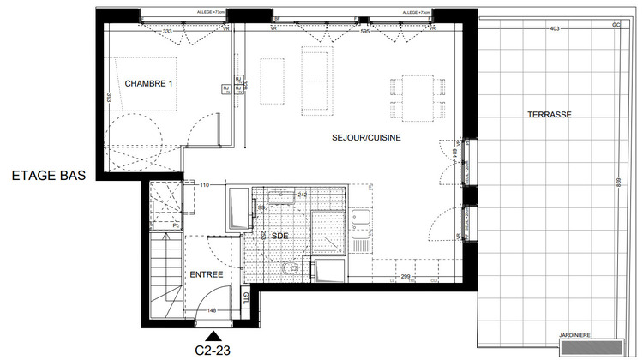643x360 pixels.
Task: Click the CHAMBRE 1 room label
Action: pyautogui.click(x=149, y=83)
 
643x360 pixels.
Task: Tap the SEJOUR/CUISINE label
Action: pyautogui.click(x=366, y=137)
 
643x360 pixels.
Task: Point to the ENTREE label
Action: pyautogui.click(x=207, y=274)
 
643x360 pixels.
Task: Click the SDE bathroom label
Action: pyautogui.click(x=279, y=234)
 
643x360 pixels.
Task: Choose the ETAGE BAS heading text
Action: pyautogui.click(x=49, y=177)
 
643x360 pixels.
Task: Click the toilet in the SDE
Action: pyautogui.click(x=290, y=268)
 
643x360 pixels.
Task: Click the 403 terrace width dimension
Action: pyautogui.click(x=554, y=29)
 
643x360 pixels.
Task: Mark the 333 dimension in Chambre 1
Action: pyautogui.click(x=167, y=32)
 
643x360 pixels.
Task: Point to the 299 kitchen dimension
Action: pyautogui.click(x=405, y=277)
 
